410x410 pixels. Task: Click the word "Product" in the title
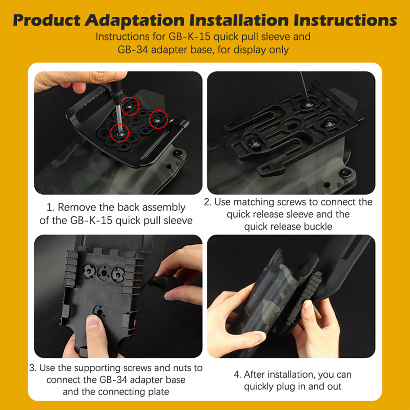tap(47, 20)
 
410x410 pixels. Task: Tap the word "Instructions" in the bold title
tap(345, 20)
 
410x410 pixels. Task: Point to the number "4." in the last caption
tap(237, 375)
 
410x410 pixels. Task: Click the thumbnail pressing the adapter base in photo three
tap(93, 324)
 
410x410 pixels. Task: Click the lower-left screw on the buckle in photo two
tap(254, 143)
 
